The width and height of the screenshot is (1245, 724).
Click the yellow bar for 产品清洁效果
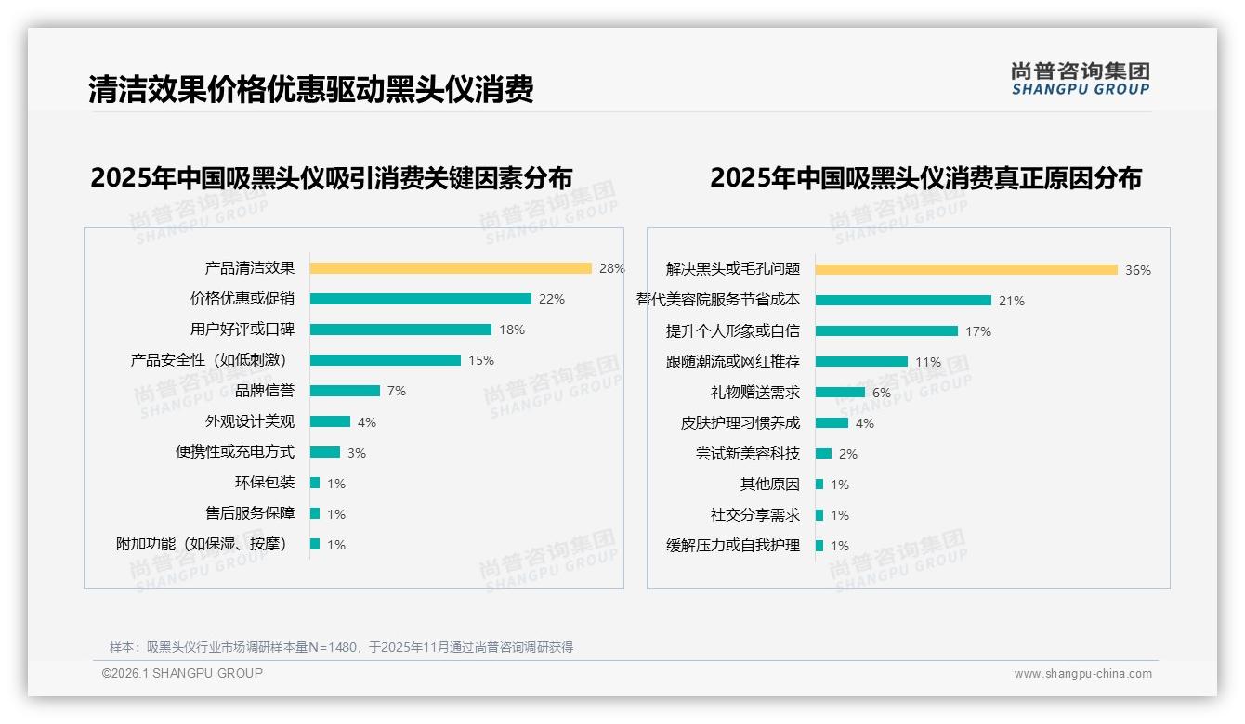(x=451, y=268)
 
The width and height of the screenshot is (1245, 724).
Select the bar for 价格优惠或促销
(x=420, y=299)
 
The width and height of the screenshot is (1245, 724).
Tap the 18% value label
(x=512, y=330)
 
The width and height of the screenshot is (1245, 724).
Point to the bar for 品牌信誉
(x=345, y=391)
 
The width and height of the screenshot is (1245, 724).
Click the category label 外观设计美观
(x=250, y=421)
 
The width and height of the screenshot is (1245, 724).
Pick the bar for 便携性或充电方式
(x=325, y=452)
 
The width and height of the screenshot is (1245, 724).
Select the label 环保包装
(x=265, y=483)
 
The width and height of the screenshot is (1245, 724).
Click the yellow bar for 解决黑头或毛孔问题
(x=966, y=270)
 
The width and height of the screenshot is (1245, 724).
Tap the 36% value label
(x=1138, y=270)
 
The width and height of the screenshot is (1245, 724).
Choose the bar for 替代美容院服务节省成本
(x=903, y=300)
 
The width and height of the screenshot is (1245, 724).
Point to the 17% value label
(x=978, y=331)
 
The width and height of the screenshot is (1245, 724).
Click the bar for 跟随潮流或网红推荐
(x=861, y=361)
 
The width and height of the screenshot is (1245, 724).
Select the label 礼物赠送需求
(x=755, y=393)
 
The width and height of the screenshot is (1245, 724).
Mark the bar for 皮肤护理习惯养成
(x=832, y=423)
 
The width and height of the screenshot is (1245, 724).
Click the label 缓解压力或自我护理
(x=733, y=546)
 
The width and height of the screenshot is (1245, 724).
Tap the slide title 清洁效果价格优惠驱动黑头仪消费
(x=311, y=89)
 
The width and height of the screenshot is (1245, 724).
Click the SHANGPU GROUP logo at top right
(x=1081, y=79)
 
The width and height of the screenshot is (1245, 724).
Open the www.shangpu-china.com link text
(x=1082, y=674)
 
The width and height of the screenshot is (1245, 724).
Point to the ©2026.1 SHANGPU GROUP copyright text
(x=182, y=673)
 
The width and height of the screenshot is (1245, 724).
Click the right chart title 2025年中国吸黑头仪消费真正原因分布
(x=925, y=177)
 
